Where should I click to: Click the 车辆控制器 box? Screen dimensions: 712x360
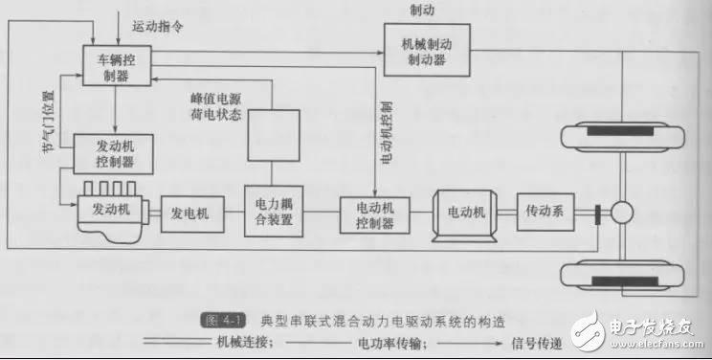[x=117, y=65]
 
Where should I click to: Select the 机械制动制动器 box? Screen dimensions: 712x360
[x=427, y=50]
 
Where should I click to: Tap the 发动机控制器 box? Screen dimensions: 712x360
[x=113, y=154]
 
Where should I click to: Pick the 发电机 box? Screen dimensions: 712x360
[x=192, y=214]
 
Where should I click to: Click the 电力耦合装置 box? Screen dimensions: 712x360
[x=274, y=212]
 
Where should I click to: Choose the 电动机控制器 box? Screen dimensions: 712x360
[x=374, y=215]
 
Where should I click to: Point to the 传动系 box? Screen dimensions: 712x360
[x=545, y=212]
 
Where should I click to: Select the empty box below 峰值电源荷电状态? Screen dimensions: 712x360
[x=274, y=135]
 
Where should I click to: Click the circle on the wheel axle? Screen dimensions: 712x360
[x=622, y=213]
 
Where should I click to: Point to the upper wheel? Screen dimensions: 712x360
[x=623, y=137]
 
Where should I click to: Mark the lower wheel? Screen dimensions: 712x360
[x=623, y=276]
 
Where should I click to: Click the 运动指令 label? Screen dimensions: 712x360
[x=158, y=26]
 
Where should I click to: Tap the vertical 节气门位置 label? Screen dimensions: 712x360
[x=48, y=122]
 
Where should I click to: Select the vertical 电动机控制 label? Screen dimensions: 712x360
[x=386, y=133]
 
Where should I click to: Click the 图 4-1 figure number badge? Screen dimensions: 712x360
[x=222, y=321]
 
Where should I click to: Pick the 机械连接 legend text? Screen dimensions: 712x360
[x=244, y=342]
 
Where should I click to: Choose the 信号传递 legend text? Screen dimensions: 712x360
[x=537, y=343]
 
